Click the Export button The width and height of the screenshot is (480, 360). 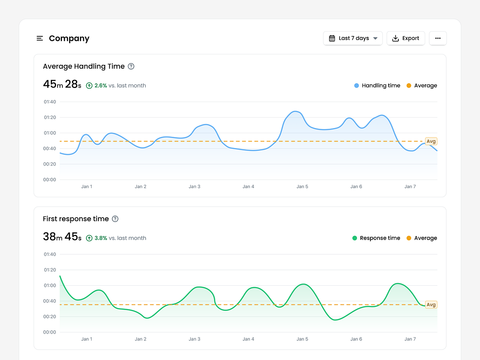tap(406, 38)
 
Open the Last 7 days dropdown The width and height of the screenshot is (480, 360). tap(353, 38)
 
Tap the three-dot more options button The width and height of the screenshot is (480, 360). tap(438, 38)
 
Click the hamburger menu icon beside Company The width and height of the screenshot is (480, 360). tap(40, 38)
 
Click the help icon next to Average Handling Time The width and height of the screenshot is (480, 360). tap(131, 66)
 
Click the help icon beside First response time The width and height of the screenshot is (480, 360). tap(115, 219)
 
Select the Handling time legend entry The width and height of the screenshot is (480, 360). tap(377, 86)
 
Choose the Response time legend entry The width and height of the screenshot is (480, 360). tap(376, 238)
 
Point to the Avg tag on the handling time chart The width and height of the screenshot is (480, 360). tap(431, 141)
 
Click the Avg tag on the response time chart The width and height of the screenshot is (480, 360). tap(431, 305)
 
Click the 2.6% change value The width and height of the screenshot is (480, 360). tap(100, 86)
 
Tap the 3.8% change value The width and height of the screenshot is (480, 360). tap(100, 238)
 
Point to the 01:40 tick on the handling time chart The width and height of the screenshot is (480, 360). tap(50, 102)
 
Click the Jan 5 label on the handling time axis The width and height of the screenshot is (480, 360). tap(302, 187)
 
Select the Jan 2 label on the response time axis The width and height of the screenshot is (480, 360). tap(140, 339)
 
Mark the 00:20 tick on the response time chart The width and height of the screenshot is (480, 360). tap(50, 317)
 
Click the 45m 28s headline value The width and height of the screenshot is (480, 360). tap(62, 84)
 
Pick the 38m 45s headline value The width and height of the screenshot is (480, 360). tap(62, 237)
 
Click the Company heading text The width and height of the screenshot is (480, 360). tap(69, 38)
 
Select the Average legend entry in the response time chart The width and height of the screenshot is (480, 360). tap(422, 238)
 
